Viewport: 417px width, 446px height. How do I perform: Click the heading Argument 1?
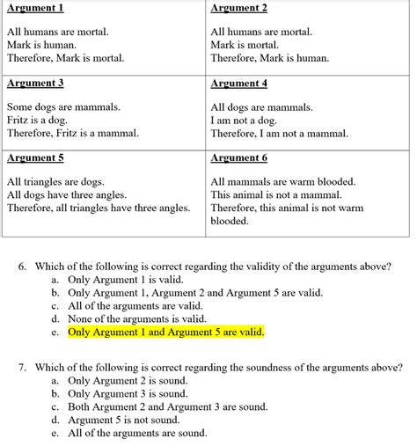pyautogui.click(x=35, y=9)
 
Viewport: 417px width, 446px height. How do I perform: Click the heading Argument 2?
pyautogui.click(x=239, y=9)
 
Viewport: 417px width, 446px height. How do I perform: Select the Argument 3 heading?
pyautogui.click(x=35, y=84)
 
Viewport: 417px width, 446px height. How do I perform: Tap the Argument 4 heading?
pyautogui.click(x=239, y=84)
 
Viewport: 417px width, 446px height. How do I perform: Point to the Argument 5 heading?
pyautogui.click(x=35, y=159)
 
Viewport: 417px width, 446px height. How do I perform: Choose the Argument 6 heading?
pyautogui.click(x=239, y=159)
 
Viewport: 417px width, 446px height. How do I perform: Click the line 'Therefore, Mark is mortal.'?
pyautogui.click(x=65, y=58)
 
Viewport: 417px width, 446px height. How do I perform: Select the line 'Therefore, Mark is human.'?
pyautogui.click(x=270, y=58)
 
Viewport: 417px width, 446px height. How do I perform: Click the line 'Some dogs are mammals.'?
pyautogui.click(x=63, y=107)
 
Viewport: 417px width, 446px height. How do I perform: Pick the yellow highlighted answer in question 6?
pyautogui.click(x=165, y=333)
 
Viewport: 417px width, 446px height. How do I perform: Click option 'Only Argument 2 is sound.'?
pyautogui.click(x=128, y=381)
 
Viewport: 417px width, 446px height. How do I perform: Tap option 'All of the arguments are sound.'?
pyautogui.click(x=137, y=434)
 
